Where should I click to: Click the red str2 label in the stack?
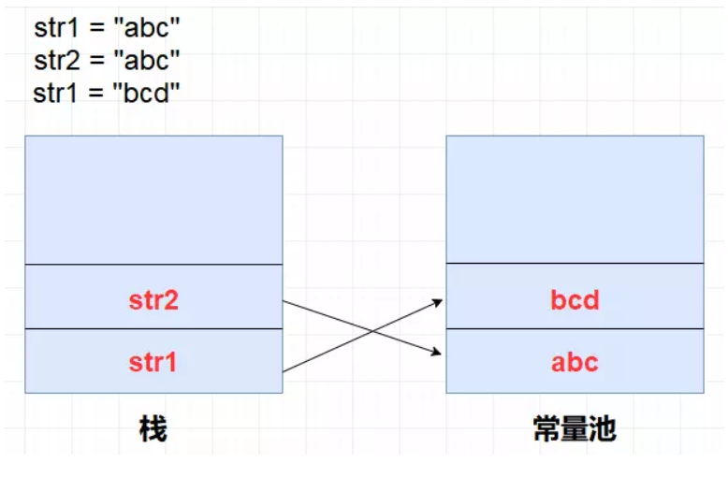153,301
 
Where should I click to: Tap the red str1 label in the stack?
153,362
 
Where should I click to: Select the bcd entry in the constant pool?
575,301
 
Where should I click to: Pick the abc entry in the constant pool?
575,362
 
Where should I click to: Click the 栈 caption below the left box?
153,429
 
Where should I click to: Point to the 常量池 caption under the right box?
575,429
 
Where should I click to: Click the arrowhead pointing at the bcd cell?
440,300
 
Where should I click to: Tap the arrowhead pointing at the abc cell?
440,353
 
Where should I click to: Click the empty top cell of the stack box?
153,200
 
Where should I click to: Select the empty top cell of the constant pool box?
575,200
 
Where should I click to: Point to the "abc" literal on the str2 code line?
146,60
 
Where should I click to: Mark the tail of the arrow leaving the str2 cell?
284,302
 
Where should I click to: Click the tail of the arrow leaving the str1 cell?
284,371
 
